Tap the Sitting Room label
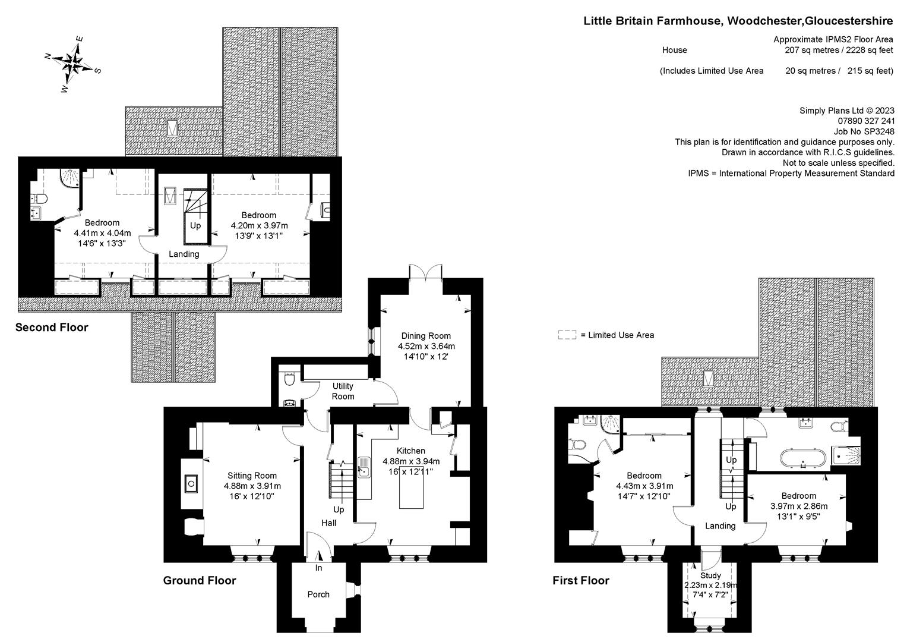click(x=252, y=476)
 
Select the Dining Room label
click(x=425, y=336)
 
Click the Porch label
click(x=318, y=594)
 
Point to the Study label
click(x=710, y=575)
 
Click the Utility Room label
click(x=343, y=391)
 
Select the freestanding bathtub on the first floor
click(x=803, y=458)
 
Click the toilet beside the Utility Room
click(x=289, y=379)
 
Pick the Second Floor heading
click(x=52, y=327)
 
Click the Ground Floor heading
click(x=199, y=580)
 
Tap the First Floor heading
click(x=581, y=580)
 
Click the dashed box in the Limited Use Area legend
click(x=567, y=335)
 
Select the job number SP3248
click(x=878, y=131)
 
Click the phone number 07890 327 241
click(x=866, y=121)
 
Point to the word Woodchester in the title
click(x=764, y=21)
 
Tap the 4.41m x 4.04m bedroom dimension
click(x=102, y=233)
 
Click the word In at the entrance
click(x=318, y=568)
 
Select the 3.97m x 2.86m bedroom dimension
click(x=799, y=506)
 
